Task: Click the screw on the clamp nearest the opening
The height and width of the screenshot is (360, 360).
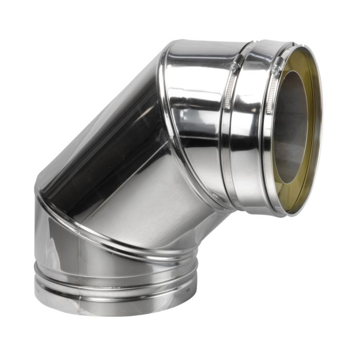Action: [276, 68]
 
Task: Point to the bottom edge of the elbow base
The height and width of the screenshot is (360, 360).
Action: [113, 314]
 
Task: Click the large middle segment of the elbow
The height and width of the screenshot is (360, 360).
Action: [129, 170]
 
